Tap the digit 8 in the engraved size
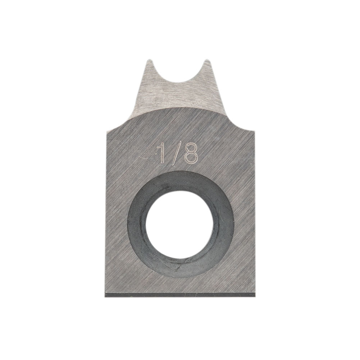tap(191, 154)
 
